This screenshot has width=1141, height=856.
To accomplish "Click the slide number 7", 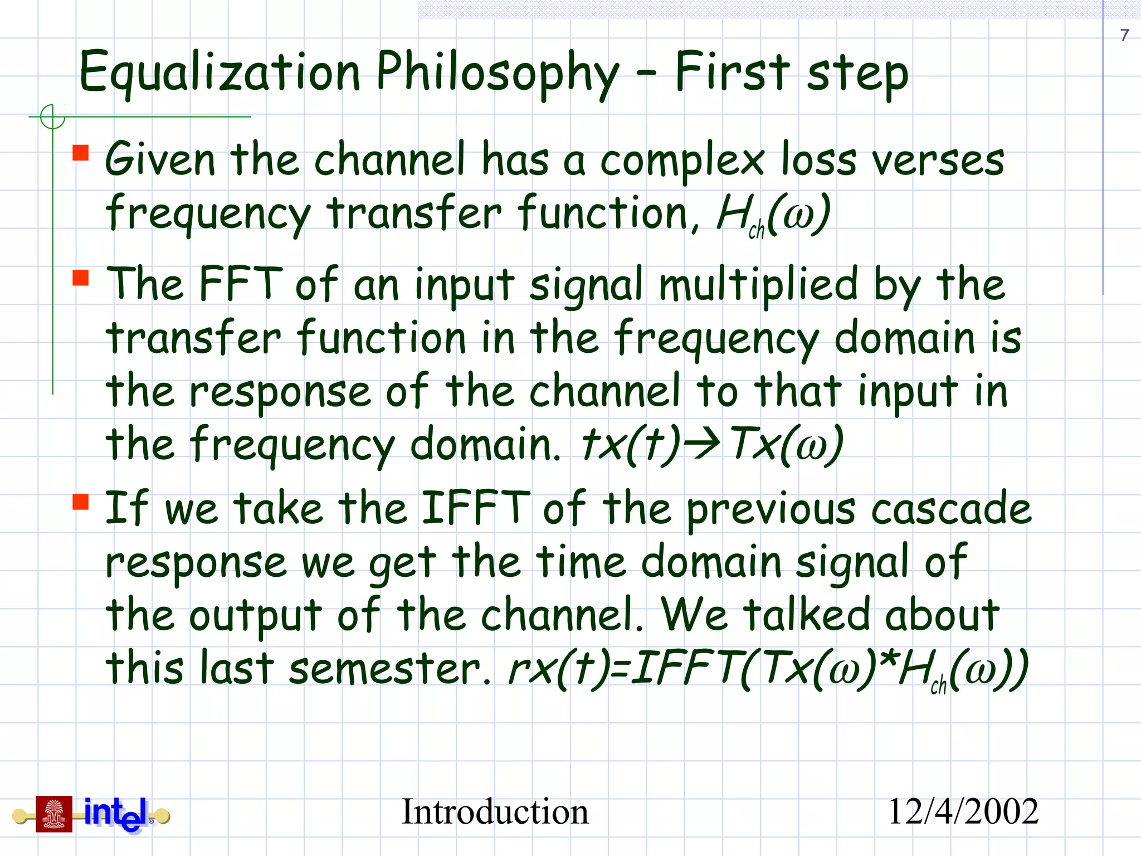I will (x=1124, y=35).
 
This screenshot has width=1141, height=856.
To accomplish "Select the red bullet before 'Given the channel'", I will (x=81, y=153).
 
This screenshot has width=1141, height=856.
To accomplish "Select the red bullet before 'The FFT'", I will (x=81, y=277).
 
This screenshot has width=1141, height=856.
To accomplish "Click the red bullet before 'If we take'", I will (x=81, y=502).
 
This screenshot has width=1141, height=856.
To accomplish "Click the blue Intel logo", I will (x=116, y=814).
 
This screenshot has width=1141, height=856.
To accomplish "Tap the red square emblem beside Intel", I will (x=54, y=814).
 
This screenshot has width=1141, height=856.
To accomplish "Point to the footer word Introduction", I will (x=495, y=811).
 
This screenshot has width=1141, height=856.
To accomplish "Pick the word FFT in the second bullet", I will (x=240, y=284).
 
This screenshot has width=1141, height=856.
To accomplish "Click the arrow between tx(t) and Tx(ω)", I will (x=704, y=444).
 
